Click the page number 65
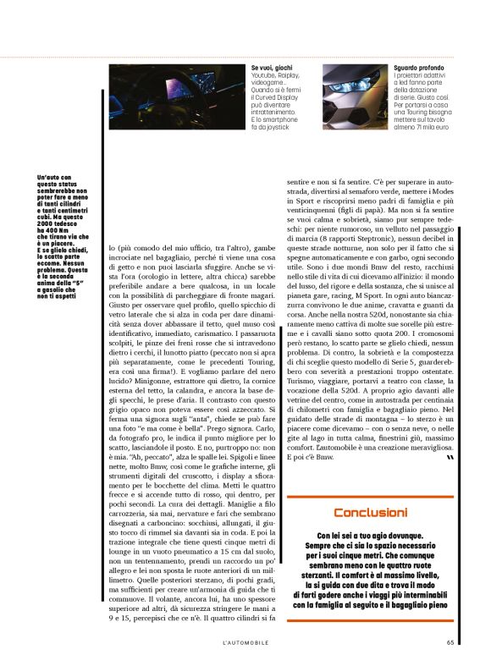click(451, 641)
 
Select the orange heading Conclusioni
click(370, 513)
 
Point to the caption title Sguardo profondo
click(419, 68)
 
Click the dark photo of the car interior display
click(177, 97)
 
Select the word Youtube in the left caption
click(263, 74)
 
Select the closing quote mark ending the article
click(449, 457)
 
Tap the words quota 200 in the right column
click(405, 339)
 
